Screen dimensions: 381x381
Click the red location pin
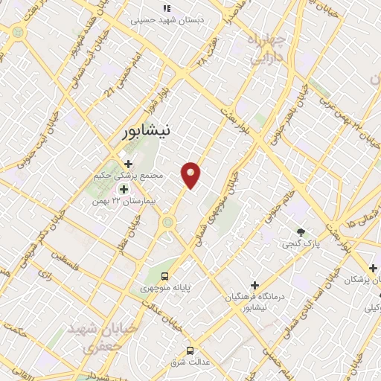pos(191,175)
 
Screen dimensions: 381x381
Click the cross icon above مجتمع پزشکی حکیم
pos(128,163)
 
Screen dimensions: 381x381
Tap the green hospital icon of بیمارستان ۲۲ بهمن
pos(123,189)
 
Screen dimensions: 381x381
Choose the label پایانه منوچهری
pos(166,286)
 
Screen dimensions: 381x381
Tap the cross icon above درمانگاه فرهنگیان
pos(254,285)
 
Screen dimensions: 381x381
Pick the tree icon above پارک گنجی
pos(301,232)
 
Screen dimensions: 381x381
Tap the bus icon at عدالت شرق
pos(190,350)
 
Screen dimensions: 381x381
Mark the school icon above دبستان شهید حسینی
pos(167,7)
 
